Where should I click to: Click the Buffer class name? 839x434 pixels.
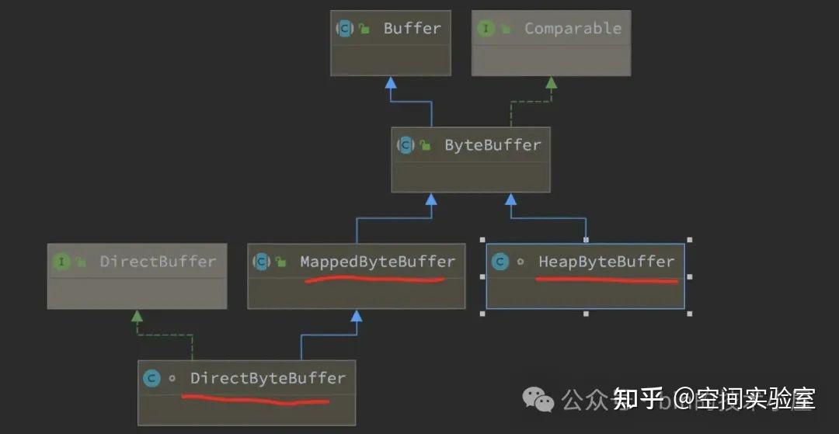pyautogui.click(x=412, y=29)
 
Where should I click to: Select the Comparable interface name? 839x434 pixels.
pyautogui.click(x=573, y=29)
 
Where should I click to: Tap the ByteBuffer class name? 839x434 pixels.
pyautogui.click(x=493, y=145)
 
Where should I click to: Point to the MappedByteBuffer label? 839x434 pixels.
pyautogui.click(x=378, y=262)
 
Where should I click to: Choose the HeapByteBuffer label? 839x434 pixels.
pyautogui.click(x=606, y=262)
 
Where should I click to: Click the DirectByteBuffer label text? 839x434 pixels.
pyautogui.click(x=267, y=378)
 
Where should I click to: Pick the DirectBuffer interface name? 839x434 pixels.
pyautogui.click(x=158, y=262)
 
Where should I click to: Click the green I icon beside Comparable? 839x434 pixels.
pyautogui.click(x=486, y=29)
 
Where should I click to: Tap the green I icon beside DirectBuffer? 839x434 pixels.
pyautogui.click(x=61, y=262)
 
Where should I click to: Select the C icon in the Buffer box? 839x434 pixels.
pyautogui.click(x=344, y=29)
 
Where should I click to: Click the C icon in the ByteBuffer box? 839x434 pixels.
pyautogui.click(x=406, y=145)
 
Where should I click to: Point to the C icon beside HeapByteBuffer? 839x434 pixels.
pyautogui.click(x=500, y=262)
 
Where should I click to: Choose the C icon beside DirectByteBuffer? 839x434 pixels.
pyautogui.click(x=151, y=378)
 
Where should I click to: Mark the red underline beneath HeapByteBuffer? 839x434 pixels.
pyautogui.click(x=606, y=280)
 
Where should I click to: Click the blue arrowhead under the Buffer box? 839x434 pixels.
pyautogui.click(x=391, y=82)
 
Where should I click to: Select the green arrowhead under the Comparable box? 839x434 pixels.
pyautogui.click(x=551, y=82)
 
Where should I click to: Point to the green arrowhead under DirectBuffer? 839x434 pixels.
pyautogui.click(x=137, y=315)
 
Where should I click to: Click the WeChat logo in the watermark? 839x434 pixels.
pyautogui.click(x=538, y=399)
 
